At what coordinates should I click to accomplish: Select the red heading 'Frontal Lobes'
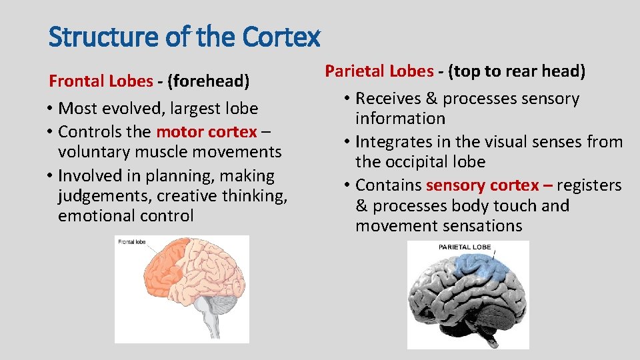tap(101, 81)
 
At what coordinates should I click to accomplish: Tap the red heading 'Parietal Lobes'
tap(379, 71)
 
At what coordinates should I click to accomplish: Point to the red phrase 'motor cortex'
tap(206, 131)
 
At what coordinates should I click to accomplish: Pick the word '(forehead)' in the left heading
tap(208, 81)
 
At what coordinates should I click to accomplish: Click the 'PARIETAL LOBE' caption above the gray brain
tap(465, 247)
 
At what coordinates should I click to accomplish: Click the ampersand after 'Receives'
tap(431, 99)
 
